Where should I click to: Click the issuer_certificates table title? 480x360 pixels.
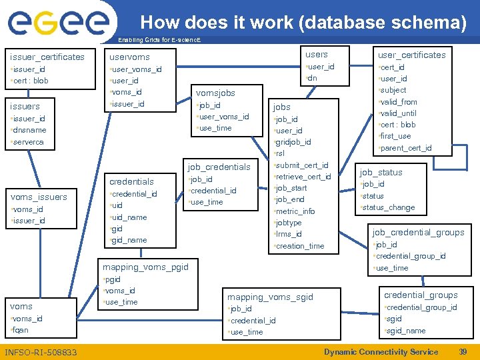click(47, 57)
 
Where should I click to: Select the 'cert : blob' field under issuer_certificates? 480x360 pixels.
click(31, 81)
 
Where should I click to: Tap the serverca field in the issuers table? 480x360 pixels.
click(28, 142)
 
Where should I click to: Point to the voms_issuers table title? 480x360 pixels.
click(39, 197)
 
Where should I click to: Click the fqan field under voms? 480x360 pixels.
click(21, 330)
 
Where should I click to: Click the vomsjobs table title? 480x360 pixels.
click(215, 93)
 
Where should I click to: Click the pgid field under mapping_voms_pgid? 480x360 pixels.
click(113, 279)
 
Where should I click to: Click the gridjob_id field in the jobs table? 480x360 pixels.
click(294, 142)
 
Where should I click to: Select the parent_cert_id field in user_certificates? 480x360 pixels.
click(406, 147)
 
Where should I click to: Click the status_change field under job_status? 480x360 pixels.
click(388, 207)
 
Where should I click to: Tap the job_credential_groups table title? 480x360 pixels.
click(418, 232)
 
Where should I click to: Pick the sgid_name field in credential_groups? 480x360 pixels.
click(406, 331)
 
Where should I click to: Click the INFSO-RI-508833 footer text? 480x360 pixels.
click(40, 352)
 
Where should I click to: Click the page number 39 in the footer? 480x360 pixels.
click(463, 352)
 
